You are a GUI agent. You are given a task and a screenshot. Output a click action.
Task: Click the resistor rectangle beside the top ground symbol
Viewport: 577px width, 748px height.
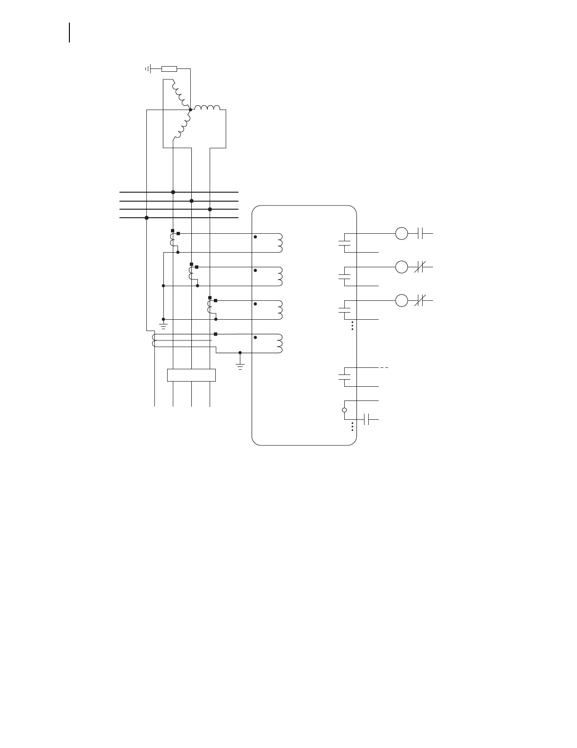coord(169,69)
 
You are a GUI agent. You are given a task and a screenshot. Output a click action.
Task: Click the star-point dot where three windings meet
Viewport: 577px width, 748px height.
coord(190,110)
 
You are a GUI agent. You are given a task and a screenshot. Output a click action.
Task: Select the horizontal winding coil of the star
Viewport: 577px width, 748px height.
coord(207,108)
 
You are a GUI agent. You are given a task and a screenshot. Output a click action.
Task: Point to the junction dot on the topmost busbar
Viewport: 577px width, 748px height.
coord(173,192)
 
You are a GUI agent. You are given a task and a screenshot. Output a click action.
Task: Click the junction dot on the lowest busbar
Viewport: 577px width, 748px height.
coord(147,218)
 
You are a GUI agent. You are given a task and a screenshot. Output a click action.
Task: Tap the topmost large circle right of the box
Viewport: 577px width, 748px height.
coord(401,233)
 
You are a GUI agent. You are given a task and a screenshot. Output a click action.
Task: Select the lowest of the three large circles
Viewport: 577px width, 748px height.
coord(401,300)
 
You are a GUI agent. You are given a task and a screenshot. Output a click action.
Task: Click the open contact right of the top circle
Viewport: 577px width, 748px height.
coord(422,233)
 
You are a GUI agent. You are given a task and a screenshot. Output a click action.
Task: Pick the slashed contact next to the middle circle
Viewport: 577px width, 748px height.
coord(421,267)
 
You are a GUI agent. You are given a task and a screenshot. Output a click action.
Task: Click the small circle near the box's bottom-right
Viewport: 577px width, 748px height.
coord(344,410)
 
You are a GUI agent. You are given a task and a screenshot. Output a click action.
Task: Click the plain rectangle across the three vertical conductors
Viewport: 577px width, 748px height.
coord(191,375)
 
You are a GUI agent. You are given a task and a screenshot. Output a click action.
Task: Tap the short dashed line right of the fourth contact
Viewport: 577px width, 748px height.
coord(384,367)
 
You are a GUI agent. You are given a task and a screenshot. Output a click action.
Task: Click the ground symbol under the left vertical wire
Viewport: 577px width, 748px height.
coord(163,325)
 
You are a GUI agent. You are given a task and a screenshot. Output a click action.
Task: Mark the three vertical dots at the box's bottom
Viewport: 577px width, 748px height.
coord(353,426)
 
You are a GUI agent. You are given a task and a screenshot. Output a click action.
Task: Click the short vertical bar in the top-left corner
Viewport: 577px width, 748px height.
coord(70,32)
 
